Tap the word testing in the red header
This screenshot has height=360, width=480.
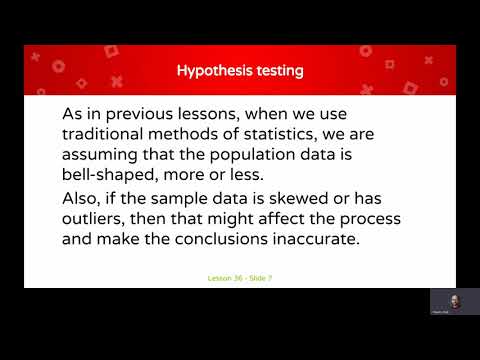point(281,71)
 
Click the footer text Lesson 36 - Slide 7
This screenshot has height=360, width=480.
point(240,278)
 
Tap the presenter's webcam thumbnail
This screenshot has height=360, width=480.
point(448,301)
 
